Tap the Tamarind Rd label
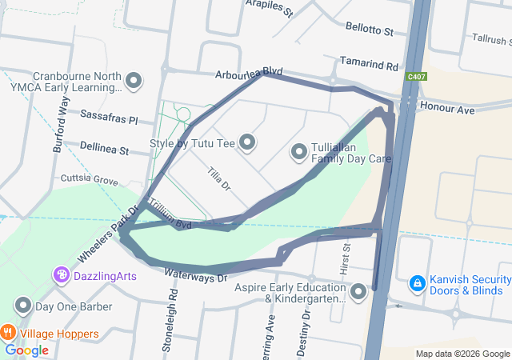[x=369, y=64]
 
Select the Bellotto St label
[x=370, y=30]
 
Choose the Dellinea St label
[x=104, y=147]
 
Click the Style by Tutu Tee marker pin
[x=247, y=143]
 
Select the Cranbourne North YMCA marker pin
[x=134, y=81]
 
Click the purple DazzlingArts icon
[x=62, y=276]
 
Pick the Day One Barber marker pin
[x=23, y=306]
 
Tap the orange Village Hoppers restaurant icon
[x=8, y=331]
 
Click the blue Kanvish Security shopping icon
[x=416, y=283]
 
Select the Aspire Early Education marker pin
[x=357, y=292]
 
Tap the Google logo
[x=27, y=350]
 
